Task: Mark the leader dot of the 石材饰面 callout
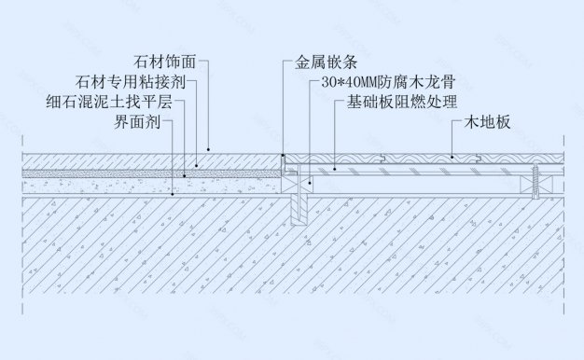[x=209, y=148]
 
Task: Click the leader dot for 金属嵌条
[x=284, y=151]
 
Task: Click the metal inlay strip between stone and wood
[x=285, y=162]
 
